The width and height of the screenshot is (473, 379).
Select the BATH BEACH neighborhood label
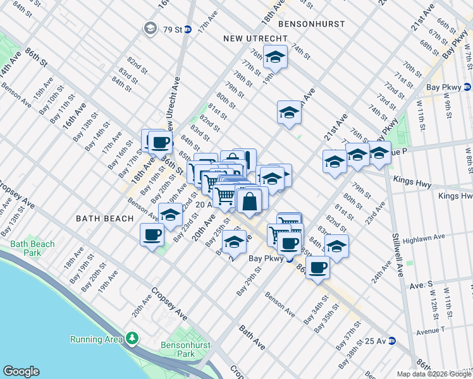click(x=104, y=219)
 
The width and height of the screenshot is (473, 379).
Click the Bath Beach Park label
click(x=32, y=248)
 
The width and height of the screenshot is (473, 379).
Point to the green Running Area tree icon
click(x=132, y=339)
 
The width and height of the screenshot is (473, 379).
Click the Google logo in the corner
click(x=21, y=371)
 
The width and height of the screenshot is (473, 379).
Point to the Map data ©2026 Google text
click(x=433, y=374)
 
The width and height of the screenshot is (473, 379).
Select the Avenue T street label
click(x=430, y=330)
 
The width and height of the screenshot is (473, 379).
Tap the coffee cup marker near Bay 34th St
click(x=318, y=267)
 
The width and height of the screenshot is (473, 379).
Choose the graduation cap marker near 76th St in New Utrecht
click(x=276, y=57)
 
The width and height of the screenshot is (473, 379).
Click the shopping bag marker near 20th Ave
click(x=250, y=202)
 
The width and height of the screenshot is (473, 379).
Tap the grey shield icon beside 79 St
click(x=150, y=28)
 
